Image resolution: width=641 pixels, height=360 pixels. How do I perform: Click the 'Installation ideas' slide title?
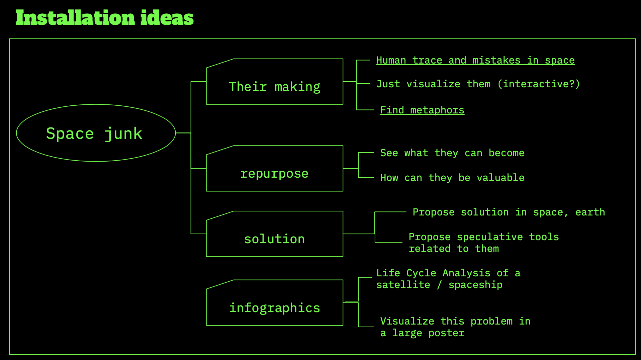point(104,18)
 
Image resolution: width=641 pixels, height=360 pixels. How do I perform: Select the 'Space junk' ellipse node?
point(96,133)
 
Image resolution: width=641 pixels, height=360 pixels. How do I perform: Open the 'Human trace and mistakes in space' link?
point(475,60)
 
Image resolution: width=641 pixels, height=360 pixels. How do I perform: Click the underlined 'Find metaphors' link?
point(422,110)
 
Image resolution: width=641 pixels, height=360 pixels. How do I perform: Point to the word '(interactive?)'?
point(538,84)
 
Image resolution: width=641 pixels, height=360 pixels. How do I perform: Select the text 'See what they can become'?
point(452,153)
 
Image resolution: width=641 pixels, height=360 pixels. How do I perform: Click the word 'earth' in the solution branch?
point(590,212)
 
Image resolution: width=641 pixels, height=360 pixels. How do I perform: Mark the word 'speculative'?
point(490,237)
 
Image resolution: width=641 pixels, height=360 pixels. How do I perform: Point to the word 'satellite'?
point(403,285)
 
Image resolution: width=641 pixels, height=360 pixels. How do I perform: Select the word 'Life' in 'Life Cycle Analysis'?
point(388,273)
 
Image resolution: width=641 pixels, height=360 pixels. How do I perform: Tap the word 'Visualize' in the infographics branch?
point(407,321)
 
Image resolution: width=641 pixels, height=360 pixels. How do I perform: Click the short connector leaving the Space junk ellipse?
point(183,133)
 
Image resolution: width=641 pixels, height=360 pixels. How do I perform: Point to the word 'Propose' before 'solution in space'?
point(433,212)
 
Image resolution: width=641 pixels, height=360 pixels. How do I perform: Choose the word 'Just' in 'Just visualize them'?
point(388,84)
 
